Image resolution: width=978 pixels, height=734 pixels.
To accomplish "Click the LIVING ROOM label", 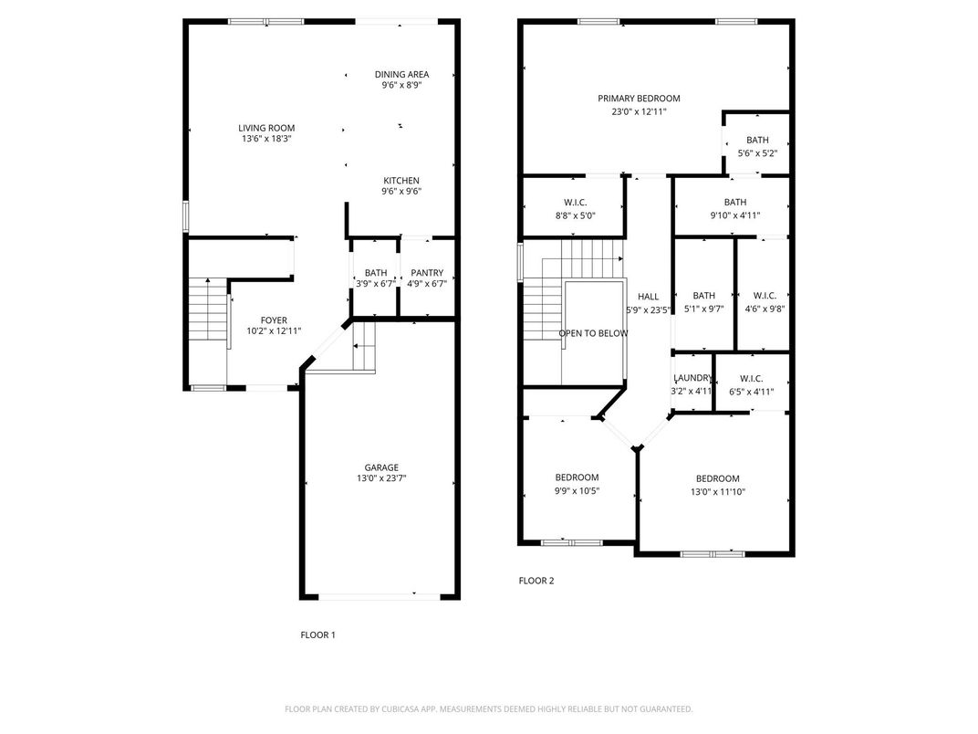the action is pyautogui.click(x=266, y=128).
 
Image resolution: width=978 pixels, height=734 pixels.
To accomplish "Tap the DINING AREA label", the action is pyautogui.click(x=401, y=74).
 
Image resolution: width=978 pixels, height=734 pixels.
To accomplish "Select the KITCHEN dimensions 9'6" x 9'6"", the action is pyautogui.click(x=401, y=192).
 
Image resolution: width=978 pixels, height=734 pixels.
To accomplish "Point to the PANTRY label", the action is pyautogui.click(x=427, y=273).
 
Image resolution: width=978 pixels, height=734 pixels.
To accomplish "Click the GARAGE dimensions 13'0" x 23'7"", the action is pyautogui.click(x=381, y=478).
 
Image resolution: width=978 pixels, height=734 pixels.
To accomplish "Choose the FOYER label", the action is pyautogui.click(x=274, y=320).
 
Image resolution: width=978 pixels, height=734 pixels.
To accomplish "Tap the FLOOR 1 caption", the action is pyautogui.click(x=318, y=634).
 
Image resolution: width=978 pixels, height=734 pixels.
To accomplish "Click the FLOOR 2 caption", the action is pyautogui.click(x=536, y=581).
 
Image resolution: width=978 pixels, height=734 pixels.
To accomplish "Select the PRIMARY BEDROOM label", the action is pyautogui.click(x=639, y=98).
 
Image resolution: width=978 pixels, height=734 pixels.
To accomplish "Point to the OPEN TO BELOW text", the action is pyautogui.click(x=593, y=333).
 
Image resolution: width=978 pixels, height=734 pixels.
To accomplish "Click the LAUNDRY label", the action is pyautogui.click(x=692, y=378).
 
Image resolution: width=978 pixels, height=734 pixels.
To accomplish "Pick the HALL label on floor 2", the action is pyautogui.click(x=648, y=297).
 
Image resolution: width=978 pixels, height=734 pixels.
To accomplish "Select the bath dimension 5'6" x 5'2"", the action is pyautogui.click(x=757, y=153).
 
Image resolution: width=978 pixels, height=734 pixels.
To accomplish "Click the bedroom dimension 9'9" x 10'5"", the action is pyautogui.click(x=577, y=490).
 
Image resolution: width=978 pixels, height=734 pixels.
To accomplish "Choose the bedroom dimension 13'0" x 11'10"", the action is pyautogui.click(x=717, y=491).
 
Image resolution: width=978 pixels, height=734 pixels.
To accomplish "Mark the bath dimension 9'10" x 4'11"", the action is pyautogui.click(x=734, y=215).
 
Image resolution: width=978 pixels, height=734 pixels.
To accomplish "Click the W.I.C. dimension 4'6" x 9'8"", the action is pyautogui.click(x=765, y=309).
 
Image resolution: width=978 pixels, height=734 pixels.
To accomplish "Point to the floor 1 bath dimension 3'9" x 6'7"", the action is pyautogui.click(x=376, y=283).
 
